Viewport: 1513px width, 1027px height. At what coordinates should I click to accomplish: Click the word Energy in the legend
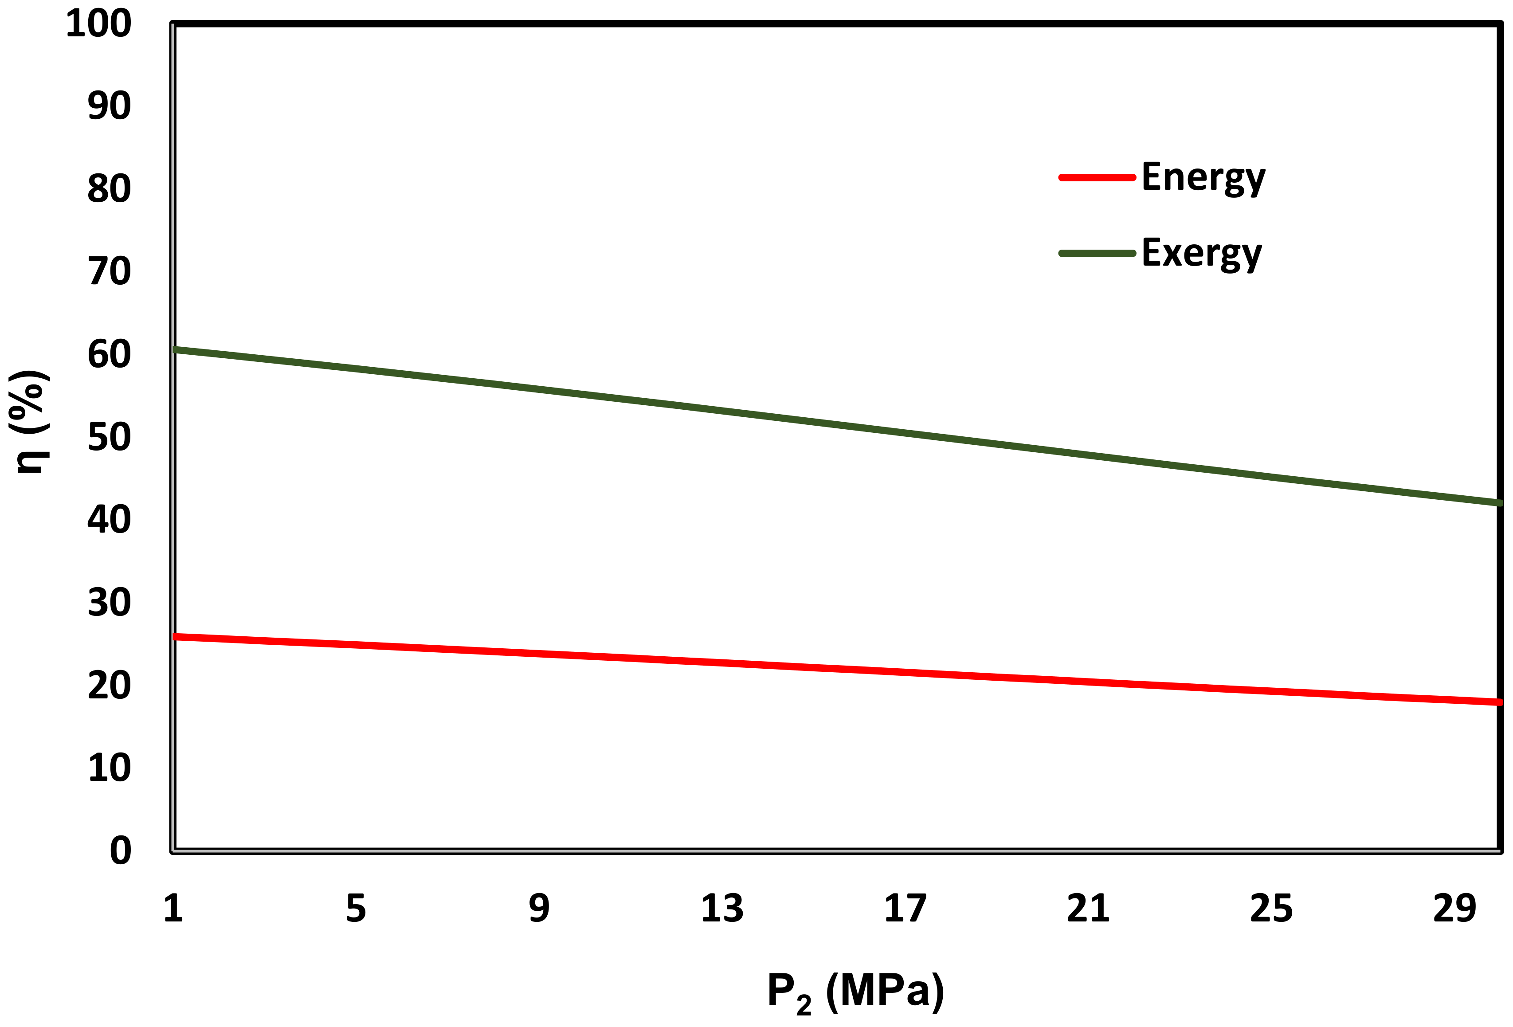coord(1203,177)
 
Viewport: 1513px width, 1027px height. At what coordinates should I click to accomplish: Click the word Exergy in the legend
coord(1201,253)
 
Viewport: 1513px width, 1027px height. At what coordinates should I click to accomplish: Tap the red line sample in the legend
coord(1097,177)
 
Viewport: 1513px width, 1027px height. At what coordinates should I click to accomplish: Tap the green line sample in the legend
coord(1097,253)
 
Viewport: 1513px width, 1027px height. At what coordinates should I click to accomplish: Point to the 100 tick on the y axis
coord(99,24)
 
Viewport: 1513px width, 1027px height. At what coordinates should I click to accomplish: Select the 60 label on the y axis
coord(110,355)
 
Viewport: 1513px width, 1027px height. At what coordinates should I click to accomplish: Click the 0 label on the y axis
coord(121,851)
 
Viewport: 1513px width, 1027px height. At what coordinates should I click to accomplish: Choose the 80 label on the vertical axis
coord(110,189)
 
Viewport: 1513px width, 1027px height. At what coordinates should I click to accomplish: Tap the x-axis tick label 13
coord(722,909)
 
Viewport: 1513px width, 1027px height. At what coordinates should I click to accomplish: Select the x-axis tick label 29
coord(1454,909)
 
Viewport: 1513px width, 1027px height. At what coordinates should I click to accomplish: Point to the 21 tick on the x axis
coord(1088,909)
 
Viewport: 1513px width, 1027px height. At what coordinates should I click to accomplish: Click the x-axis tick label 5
coord(356,909)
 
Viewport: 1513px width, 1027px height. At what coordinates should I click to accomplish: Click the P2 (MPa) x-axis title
coord(855,992)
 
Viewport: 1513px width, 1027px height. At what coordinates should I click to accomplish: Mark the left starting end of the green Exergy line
coord(176,350)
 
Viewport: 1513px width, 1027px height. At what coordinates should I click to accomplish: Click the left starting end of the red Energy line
coord(176,636)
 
